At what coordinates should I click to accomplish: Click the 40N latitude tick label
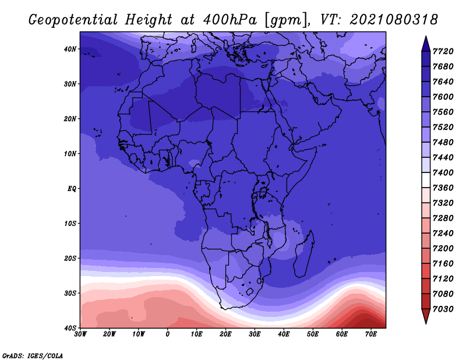[70, 49]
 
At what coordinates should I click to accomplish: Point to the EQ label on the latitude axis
[72, 189]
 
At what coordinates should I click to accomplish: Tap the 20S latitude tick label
[70, 258]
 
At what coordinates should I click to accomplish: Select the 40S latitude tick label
[70, 328]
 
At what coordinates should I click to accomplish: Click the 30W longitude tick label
[80, 334]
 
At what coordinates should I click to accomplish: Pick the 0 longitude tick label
[168, 334]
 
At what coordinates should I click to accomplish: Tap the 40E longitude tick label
[284, 334]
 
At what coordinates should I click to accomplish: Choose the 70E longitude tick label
[371, 334]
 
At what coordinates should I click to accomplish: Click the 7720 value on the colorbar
[443, 51]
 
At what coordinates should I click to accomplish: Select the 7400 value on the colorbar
[443, 172]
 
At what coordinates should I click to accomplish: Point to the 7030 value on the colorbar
[443, 309]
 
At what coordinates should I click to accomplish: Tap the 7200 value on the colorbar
[443, 249]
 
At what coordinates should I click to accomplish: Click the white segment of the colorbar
[426, 180]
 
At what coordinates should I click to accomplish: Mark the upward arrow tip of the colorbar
[426, 36]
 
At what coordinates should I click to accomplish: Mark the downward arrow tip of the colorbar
[426, 324]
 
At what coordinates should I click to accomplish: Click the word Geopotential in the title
[73, 20]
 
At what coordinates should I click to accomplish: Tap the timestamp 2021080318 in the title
[394, 20]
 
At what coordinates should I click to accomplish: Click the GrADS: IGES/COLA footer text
[33, 356]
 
